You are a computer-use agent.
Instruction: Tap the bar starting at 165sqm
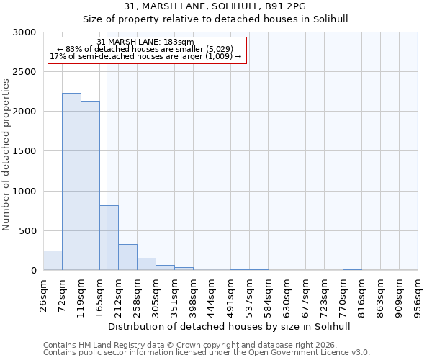109,238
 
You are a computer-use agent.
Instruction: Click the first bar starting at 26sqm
53,261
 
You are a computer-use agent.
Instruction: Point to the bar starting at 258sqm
146,264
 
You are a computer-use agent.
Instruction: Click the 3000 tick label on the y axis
24,32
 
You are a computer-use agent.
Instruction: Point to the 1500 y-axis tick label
24,151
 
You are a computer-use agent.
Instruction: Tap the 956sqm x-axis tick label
418,295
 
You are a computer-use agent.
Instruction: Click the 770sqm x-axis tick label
343,295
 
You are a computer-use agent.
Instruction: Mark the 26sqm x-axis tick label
43,295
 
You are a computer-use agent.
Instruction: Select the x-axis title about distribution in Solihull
230,326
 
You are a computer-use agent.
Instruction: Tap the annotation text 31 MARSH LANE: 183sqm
145,42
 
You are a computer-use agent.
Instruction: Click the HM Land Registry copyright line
184,345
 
